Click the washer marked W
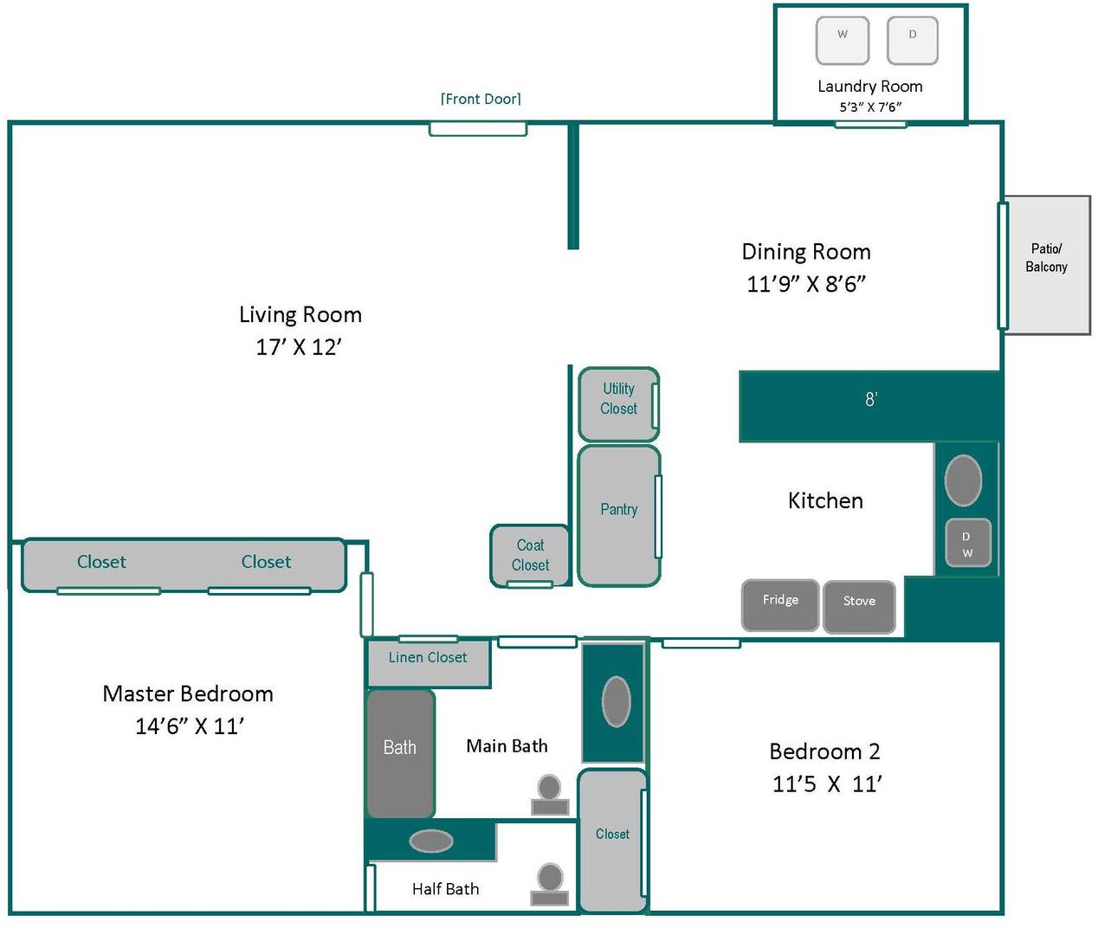pos(842,40)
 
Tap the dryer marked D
pos(912,40)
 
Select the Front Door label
pos(481,99)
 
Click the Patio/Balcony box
pos(1046,264)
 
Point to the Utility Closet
pos(618,403)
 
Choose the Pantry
pos(618,515)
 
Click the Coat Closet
pos(530,555)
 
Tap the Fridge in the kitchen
pos(780,605)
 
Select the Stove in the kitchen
pos(859,606)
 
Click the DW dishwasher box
pos(966,545)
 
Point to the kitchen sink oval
pos(963,480)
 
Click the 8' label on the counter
pos(871,399)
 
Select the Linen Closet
pos(428,662)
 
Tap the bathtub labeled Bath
pos(400,752)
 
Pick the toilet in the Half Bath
pos(549,884)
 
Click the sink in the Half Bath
pos(430,841)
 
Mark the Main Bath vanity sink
pos(616,701)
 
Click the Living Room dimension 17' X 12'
pos(299,347)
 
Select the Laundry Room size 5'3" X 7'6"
pos(870,107)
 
